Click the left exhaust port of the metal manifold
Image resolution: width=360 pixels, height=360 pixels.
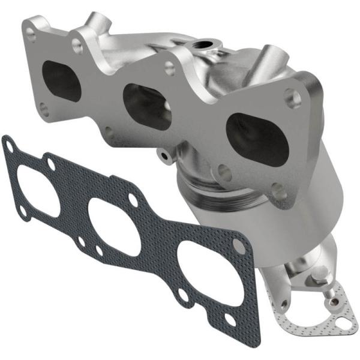[61, 81]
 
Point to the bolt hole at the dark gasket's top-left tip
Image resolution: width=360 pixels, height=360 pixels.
[8, 144]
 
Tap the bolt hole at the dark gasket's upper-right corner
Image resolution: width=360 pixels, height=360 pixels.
[239, 247]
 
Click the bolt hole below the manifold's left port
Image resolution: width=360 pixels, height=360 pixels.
[44, 108]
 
